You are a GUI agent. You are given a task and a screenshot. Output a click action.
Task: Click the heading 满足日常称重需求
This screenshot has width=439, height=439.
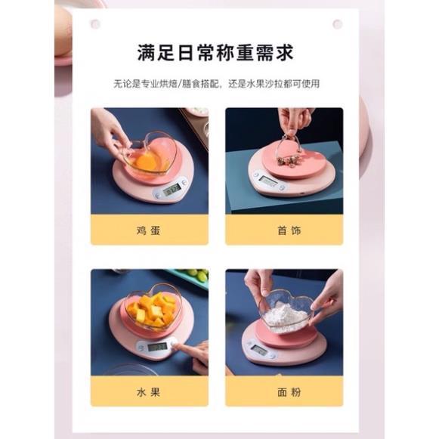pyautogui.click(x=215, y=53)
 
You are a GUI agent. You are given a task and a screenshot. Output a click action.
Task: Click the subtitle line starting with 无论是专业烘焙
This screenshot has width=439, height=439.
pyautogui.click(x=216, y=84)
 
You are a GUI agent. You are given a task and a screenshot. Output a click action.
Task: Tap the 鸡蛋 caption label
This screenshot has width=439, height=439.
pyautogui.click(x=148, y=230)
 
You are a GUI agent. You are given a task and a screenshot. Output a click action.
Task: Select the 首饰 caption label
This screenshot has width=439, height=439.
pyautogui.click(x=289, y=230)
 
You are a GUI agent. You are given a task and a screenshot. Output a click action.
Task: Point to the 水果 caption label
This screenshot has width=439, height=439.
pyautogui.click(x=148, y=392)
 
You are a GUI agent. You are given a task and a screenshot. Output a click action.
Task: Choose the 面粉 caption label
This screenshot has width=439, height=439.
pyautogui.click(x=289, y=392)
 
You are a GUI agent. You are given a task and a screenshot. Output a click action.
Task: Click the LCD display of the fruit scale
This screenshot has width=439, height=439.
pyautogui.click(x=157, y=347)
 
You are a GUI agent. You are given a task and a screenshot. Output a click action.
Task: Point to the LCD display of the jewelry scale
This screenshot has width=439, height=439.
pyautogui.click(x=268, y=181)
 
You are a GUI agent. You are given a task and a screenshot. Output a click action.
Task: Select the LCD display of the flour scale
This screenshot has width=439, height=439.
pyautogui.click(x=259, y=350)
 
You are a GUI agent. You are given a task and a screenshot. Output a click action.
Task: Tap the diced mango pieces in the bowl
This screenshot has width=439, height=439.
pyautogui.click(x=153, y=311)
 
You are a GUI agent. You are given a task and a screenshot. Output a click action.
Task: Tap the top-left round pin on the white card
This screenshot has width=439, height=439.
pyautogui.click(x=95, y=24)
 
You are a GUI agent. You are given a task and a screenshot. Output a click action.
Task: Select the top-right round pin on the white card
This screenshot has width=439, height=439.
pyautogui.click(x=337, y=24)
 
